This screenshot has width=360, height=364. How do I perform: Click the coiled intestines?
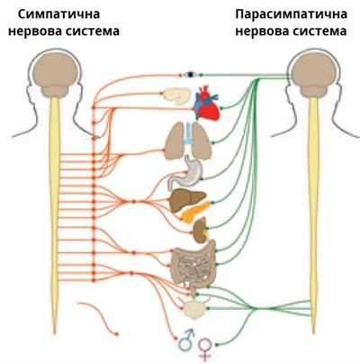[193, 262]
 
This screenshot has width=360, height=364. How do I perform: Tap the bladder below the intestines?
[193, 309]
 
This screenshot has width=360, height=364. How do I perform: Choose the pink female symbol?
[204, 345]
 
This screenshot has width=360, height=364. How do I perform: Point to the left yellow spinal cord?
[55, 207]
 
